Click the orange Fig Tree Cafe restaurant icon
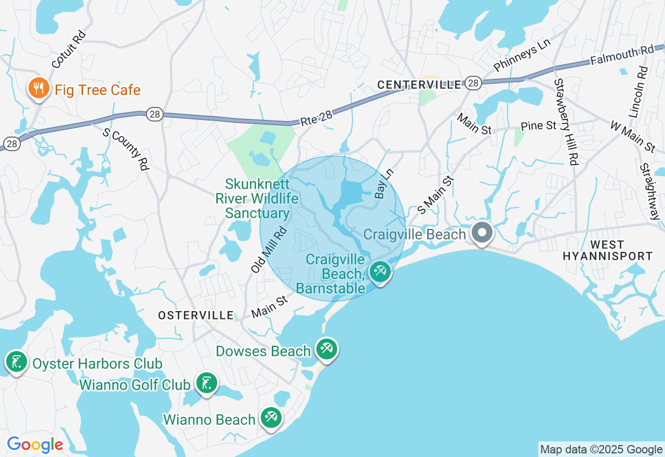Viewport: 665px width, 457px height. pyautogui.click(x=38, y=88)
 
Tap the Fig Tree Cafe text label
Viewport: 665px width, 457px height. pyautogui.click(x=98, y=90)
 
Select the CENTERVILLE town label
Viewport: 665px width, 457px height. pyautogui.click(x=419, y=85)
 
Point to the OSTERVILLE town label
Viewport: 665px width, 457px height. pyautogui.click(x=196, y=315)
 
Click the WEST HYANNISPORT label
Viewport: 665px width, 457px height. pyautogui.click(x=608, y=250)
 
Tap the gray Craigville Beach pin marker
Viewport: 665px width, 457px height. pyautogui.click(x=482, y=233)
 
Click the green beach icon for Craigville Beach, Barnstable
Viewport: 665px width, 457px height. pyautogui.click(x=380, y=272)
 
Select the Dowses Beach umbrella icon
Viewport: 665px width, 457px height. pyautogui.click(x=326, y=349)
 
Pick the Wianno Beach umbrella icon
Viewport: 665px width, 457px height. pyautogui.click(x=271, y=418)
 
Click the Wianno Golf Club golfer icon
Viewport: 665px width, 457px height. pyautogui.click(x=207, y=383)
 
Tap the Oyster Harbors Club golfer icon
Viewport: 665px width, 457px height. pyautogui.click(x=16, y=361)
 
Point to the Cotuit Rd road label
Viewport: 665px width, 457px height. pyautogui.click(x=69, y=49)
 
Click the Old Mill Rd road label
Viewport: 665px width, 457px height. pyautogui.click(x=269, y=250)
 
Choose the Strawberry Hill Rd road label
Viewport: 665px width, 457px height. pyautogui.click(x=566, y=122)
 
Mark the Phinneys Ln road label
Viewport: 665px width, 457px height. pyautogui.click(x=522, y=56)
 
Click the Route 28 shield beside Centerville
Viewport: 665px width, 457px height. pyautogui.click(x=472, y=84)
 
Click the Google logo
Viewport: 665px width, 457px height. pyautogui.click(x=35, y=445)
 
